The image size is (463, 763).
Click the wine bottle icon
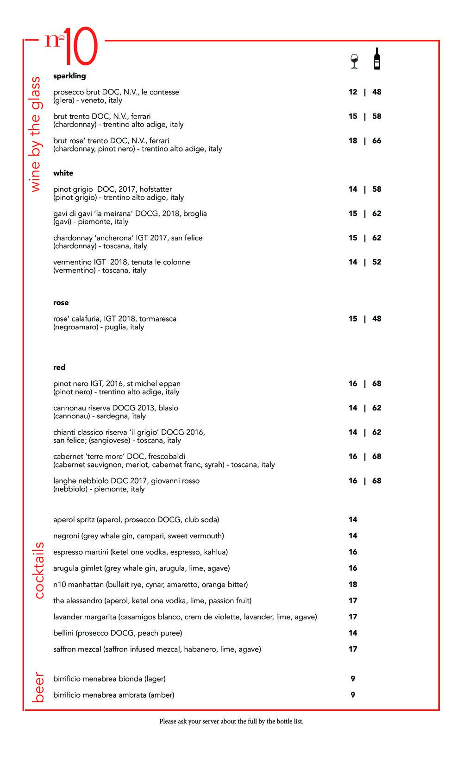[377, 59]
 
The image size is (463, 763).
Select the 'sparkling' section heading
[69, 76]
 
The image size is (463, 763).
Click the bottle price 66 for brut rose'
[377, 141]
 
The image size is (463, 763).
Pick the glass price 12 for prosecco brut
[353, 92]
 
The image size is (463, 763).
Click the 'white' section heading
[63, 173]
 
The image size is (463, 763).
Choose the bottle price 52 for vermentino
[377, 262]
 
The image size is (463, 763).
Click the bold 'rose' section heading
[61, 303]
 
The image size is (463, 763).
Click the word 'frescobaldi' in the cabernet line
[167, 457]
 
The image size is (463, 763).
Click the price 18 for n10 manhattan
[353, 585]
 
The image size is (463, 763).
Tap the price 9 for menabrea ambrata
[353, 695]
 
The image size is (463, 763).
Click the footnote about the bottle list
[231, 721]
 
